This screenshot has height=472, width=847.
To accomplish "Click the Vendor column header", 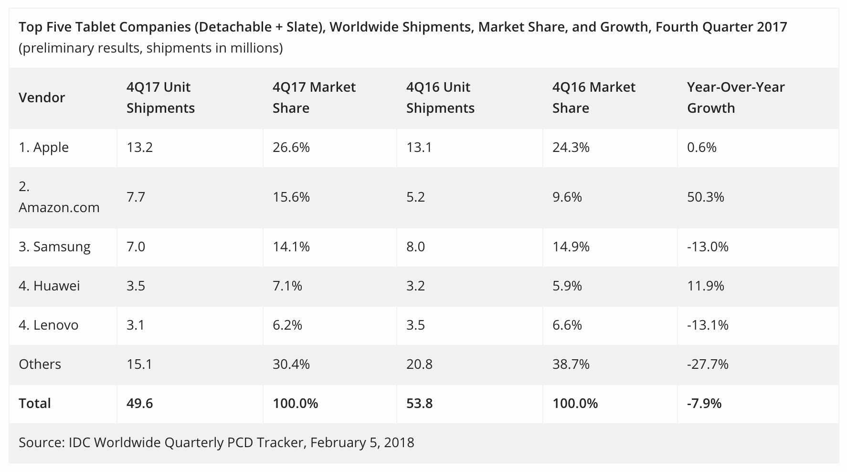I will coord(42,97).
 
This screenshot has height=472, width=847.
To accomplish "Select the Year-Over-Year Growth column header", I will coord(735,97).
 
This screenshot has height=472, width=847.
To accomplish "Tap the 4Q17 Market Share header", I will coord(314,97).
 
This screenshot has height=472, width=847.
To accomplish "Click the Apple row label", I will coord(43,147).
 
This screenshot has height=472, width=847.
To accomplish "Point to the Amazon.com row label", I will coord(59,197).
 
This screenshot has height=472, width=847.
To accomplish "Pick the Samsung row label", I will coord(54,247).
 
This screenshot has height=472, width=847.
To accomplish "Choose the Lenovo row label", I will coord(48,325).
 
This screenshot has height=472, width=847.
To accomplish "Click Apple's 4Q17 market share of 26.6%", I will coord(291,147).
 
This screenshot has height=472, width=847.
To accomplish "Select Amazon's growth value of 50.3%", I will coord(705,197).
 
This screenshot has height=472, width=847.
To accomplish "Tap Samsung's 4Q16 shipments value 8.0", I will coord(415,247).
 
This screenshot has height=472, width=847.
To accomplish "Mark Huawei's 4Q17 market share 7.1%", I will coord(287,286).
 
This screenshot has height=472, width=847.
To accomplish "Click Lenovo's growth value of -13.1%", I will coord(708,325).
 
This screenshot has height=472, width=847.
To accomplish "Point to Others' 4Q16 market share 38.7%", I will coord(571,364).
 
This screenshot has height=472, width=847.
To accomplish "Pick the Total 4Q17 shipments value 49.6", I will coord(139,403).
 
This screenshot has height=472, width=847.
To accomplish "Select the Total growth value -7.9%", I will coord(704,403).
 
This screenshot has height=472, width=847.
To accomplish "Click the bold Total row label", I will coord(34,403).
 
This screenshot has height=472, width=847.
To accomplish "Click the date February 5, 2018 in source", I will coord(362,442).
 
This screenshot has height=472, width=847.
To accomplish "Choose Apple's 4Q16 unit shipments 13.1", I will coord(419,147).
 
